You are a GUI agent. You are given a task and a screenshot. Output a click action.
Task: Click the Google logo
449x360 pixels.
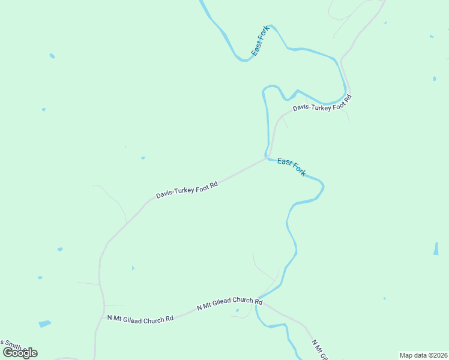[20, 353]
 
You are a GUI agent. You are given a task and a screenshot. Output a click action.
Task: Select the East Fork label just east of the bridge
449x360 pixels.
[292, 167]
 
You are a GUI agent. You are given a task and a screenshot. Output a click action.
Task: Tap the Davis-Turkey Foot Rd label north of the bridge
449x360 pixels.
[321, 102]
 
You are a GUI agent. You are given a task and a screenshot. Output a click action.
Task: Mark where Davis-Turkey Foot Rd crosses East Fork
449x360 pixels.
[266, 158]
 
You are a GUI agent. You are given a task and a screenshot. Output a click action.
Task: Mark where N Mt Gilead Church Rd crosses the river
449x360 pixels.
[258, 301]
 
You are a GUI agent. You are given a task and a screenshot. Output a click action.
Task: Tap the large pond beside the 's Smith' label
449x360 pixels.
[45, 324]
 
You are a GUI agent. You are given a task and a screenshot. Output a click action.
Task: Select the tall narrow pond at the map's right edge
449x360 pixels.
[436, 248]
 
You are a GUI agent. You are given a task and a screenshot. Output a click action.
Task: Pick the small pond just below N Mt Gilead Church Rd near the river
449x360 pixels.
[238, 311]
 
